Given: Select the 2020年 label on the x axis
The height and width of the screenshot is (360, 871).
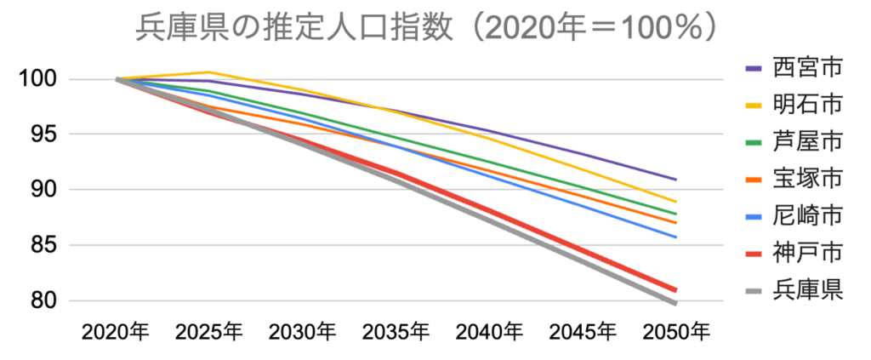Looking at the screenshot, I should tap(116, 331).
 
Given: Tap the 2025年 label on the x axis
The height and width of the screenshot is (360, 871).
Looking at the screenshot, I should tap(209, 331).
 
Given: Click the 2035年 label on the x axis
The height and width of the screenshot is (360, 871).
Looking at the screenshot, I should tap(396, 331).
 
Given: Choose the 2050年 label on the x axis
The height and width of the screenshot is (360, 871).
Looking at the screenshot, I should tap(676, 331).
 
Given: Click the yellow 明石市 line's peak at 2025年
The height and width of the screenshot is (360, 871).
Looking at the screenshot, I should tap(210, 72).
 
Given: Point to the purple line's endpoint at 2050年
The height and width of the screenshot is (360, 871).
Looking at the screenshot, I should tap(676, 180).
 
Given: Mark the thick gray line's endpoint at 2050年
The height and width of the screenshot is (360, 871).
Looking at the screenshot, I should tap(676, 303).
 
